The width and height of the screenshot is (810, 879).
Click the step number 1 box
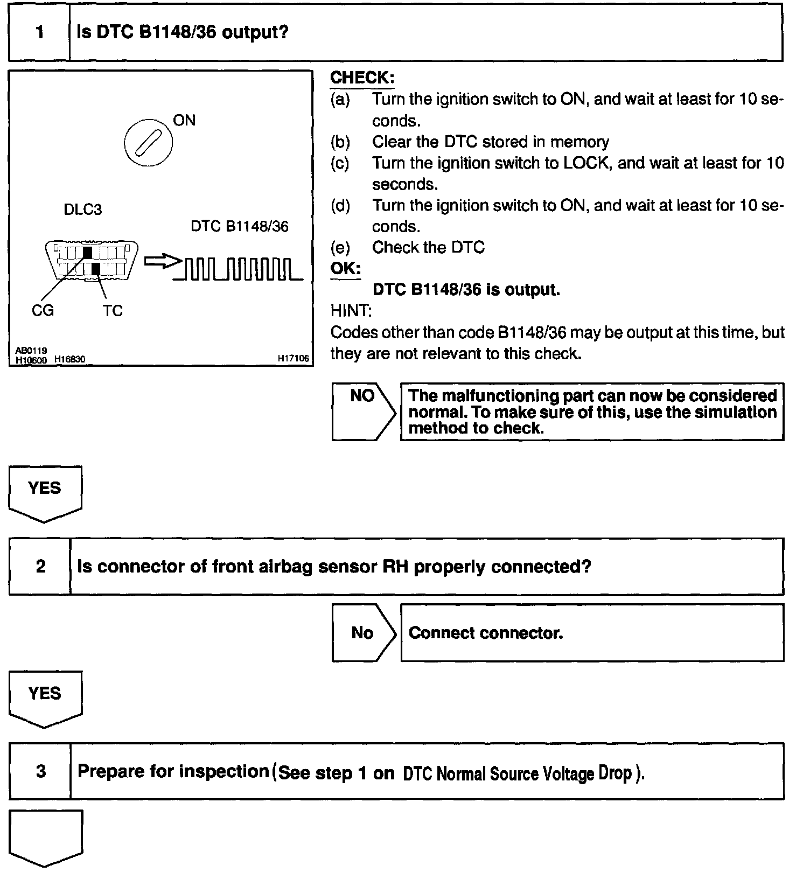(39, 32)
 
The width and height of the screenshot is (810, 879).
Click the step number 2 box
(40, 567)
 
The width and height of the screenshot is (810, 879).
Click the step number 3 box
(41, 771)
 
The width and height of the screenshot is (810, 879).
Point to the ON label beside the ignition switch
(184, 121)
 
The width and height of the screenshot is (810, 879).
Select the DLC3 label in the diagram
(82, 209)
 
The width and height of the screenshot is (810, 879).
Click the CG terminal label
(43, 311)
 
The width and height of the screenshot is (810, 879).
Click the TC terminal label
(113, 311)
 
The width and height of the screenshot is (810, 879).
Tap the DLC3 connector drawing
(91, 260)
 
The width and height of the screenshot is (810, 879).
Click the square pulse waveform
(239, 269)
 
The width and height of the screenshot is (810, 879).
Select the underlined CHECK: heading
(362, 78)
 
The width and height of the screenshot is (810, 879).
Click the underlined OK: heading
(345, 268)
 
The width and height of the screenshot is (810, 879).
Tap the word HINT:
(351, 311)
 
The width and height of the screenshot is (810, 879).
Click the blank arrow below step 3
(45, 836)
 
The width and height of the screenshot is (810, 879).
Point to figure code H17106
(293, 358)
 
